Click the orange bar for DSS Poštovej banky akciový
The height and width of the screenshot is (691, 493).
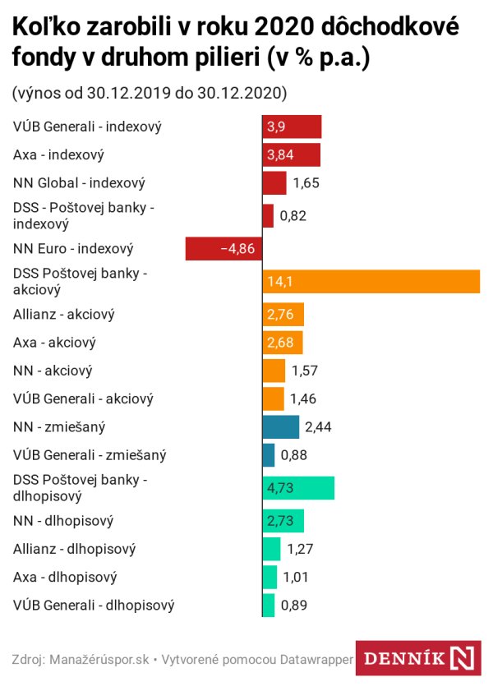371,281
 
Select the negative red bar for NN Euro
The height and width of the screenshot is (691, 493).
223,249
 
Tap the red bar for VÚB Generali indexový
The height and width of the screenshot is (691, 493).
292,127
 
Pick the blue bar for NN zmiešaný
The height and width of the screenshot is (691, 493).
280,426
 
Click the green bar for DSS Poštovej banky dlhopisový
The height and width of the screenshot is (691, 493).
298,488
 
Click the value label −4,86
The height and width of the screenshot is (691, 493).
238,249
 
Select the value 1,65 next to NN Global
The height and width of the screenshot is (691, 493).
306,182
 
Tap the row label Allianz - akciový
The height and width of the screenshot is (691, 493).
64,315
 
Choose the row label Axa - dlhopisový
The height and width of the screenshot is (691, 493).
66,578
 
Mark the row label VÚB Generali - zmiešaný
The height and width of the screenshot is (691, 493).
85,454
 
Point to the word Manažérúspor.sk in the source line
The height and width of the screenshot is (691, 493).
99,659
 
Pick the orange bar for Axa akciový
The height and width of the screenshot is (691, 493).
283,342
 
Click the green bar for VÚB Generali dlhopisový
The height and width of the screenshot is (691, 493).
269,606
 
